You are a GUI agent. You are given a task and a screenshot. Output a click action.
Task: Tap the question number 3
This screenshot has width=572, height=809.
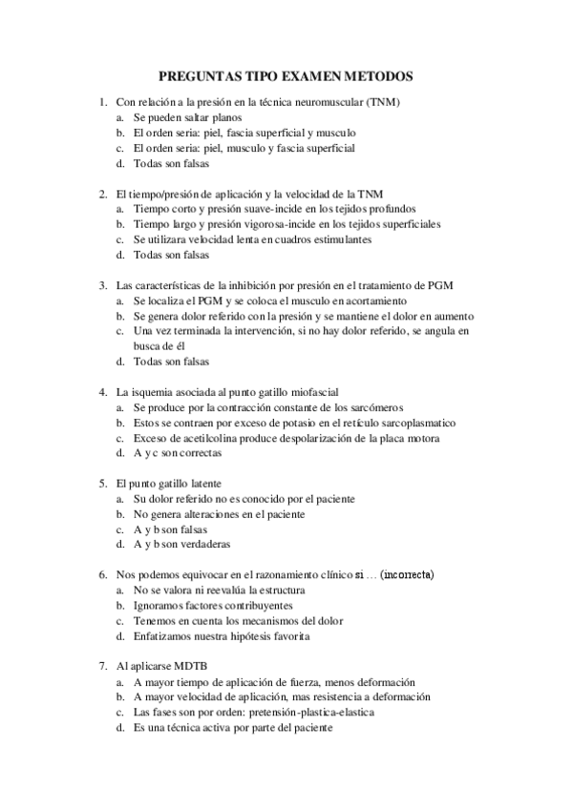pos(102,285)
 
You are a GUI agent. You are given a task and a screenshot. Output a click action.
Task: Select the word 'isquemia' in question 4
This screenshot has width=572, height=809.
pos(152,392)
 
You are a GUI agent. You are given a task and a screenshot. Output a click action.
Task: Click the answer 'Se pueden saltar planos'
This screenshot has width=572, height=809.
pos(186,117)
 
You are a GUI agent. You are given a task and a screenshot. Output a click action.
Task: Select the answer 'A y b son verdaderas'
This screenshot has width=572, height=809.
pos(181,545)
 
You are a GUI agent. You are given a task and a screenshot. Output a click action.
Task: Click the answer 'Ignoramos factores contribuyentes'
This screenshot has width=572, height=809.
pos(213,606)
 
